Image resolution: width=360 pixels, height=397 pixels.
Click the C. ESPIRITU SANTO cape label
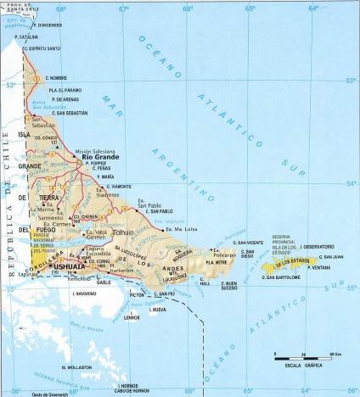[42, 48]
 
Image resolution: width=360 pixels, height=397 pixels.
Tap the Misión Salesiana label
[94, 150]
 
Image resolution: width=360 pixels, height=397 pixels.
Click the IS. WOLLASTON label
[76, 367]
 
